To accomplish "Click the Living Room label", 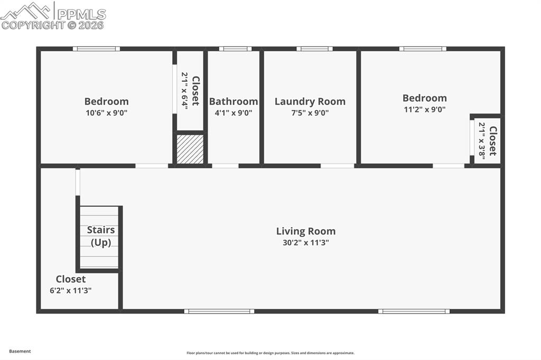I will coord(305,231).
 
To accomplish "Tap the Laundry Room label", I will coord(310,101).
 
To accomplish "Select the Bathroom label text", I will coord(234,101).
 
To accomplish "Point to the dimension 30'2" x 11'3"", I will coord(305,243).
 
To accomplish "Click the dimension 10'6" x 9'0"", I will coord(106,112).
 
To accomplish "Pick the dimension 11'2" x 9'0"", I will coord(424,109).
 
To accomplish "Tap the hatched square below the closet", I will coord(190,149).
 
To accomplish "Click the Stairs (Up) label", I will coord(100,236).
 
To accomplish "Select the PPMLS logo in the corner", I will coord(53,15).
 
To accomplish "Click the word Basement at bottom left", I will coord(20,351).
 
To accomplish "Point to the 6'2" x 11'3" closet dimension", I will coord(71,290).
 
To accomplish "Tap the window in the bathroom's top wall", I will coord(235,49).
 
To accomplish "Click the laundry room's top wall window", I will coord(314,49).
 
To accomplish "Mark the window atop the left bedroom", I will coord(96,49).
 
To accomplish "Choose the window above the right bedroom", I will coord(423,49).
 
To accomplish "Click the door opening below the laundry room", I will coord(337,166).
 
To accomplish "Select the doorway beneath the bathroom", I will coord(225,166).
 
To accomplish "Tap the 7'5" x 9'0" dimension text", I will coord(310,112).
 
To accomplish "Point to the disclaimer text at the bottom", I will coord(270,353).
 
